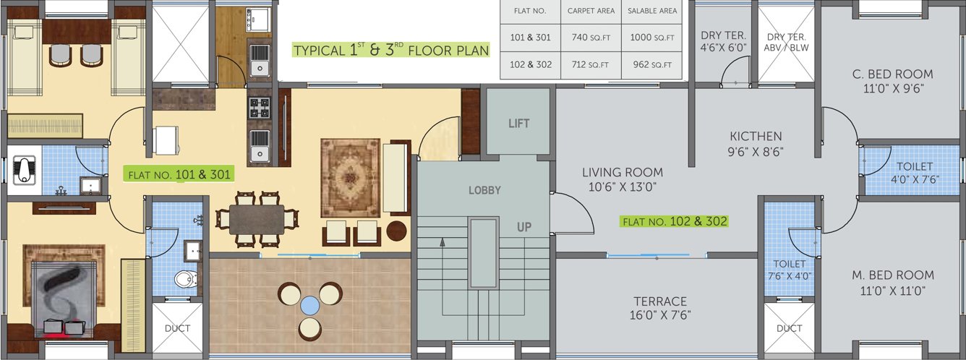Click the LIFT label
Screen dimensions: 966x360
[519, 124]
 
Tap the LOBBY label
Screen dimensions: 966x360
[484, 190]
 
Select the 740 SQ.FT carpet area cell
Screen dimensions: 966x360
[591, 38]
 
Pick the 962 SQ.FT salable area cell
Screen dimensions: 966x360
[652, 64]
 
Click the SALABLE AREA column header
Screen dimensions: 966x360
[652, 11]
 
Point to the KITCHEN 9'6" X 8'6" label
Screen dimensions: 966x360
[756, 144]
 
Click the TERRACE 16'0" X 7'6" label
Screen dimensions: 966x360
[660, 308]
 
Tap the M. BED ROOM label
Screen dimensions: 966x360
[893, 275]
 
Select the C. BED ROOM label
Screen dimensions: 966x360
[893, 74]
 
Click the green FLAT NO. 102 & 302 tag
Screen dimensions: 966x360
[675, 222]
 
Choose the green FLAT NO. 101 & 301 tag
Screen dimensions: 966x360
[179, 175]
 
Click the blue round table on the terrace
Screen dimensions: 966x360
[310, 306]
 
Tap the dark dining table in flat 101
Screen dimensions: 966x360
[257, 220]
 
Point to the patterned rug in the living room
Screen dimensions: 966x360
[350, 178]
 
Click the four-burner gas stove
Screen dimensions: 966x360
[259, 108]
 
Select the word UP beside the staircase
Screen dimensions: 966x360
[524, 227]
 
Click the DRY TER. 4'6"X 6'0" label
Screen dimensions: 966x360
[723, 41]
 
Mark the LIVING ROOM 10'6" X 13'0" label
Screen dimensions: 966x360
[623, 180]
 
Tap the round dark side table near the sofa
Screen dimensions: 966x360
[396, 231]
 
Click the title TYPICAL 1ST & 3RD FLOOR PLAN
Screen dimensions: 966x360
[391, 50]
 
